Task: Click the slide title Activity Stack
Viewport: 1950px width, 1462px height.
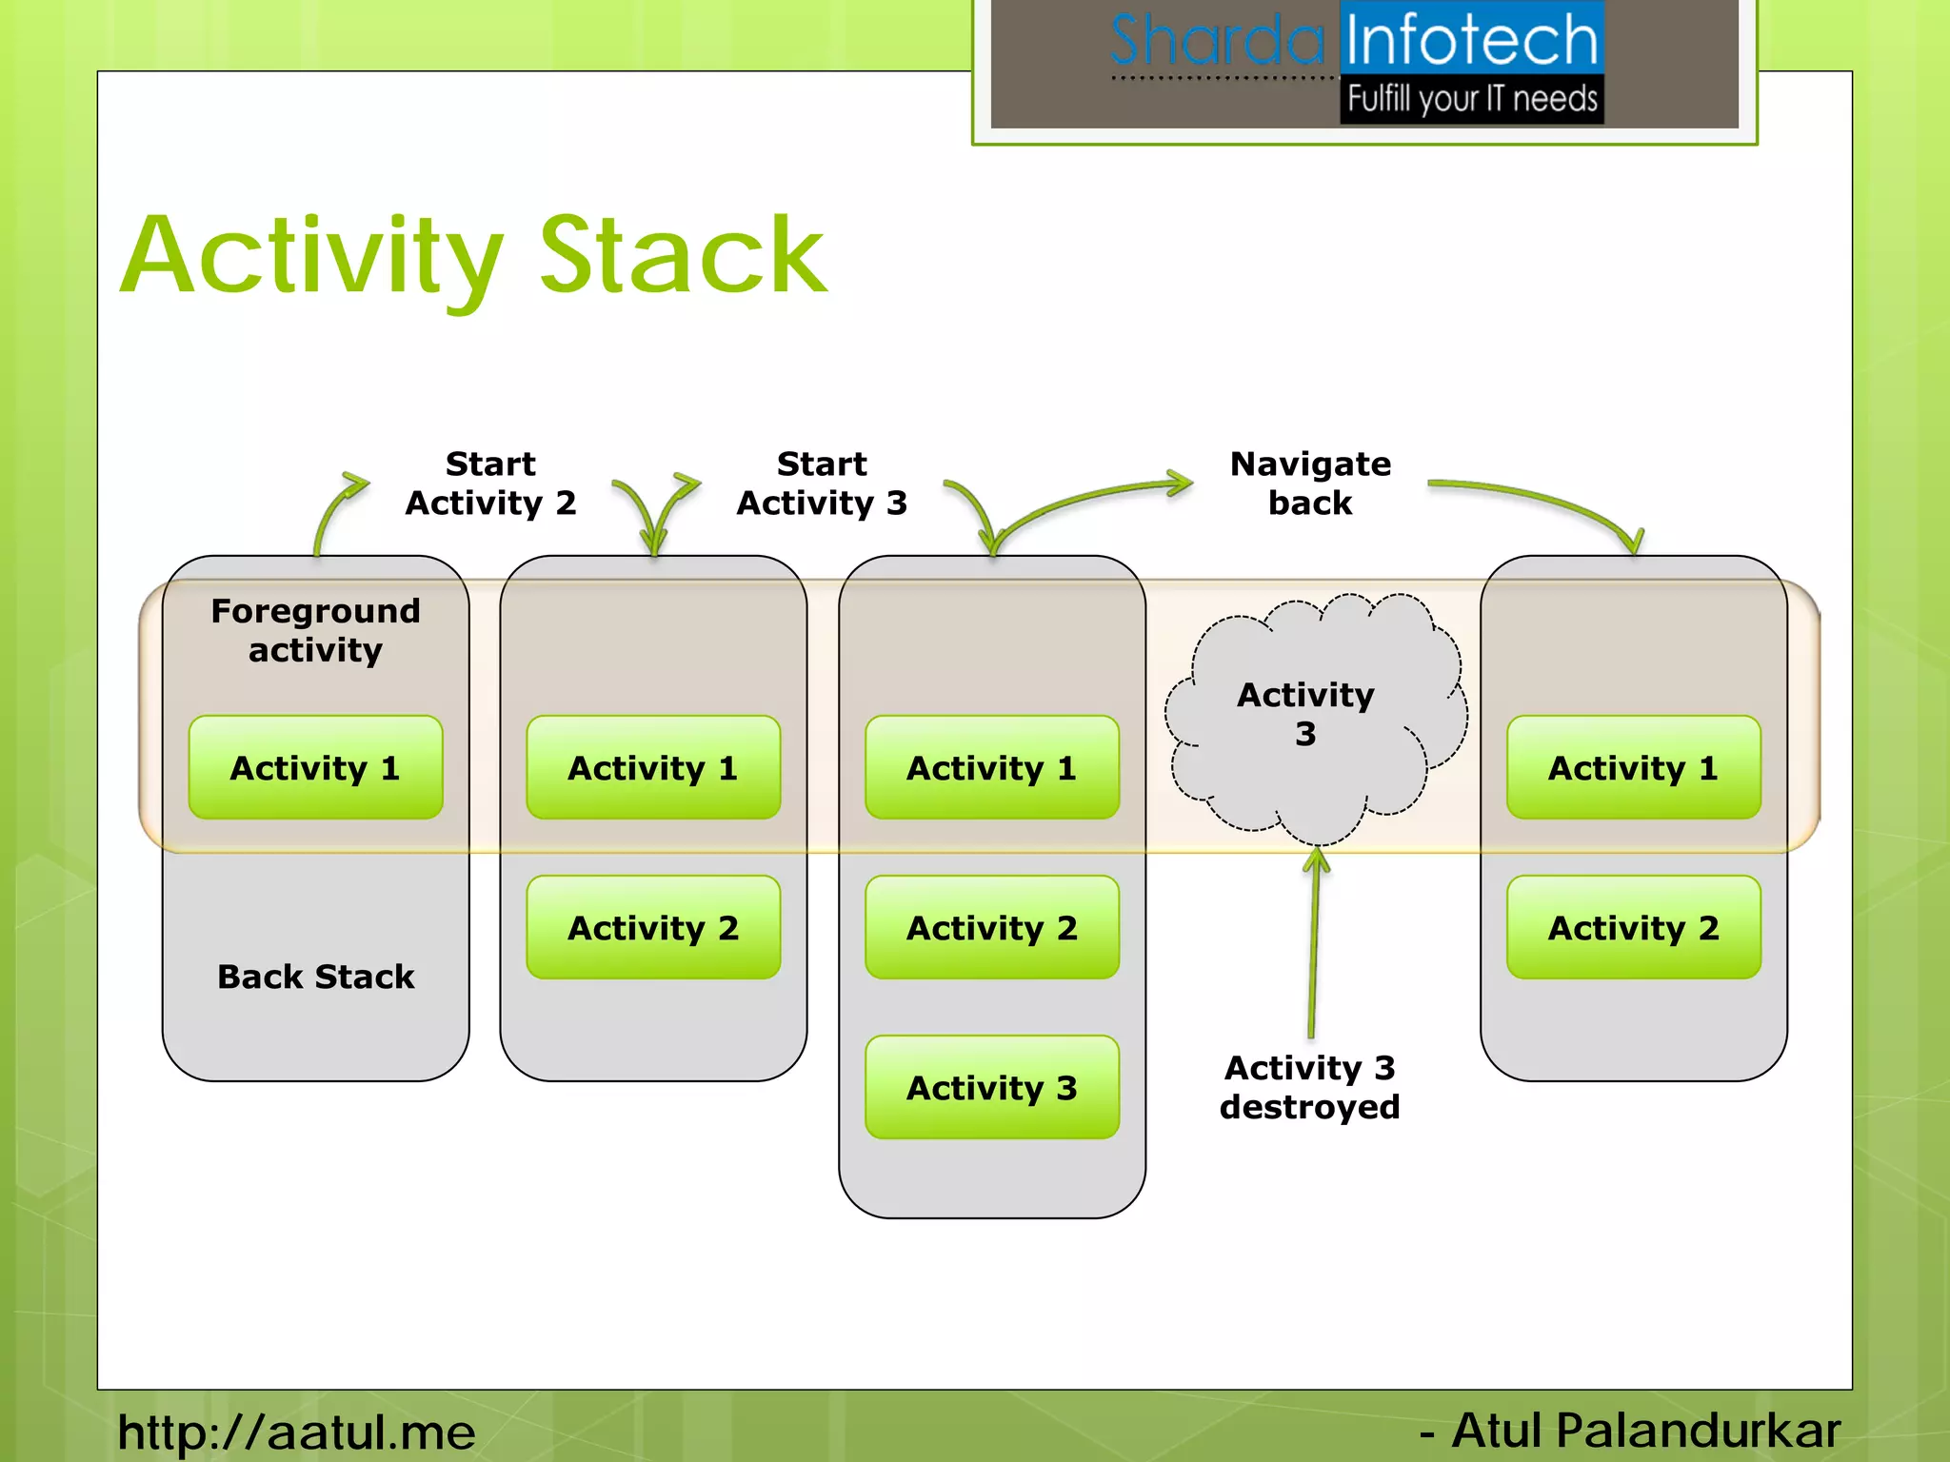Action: click(x=474, y=255)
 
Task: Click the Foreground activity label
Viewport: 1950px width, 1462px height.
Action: click(x=315, y=630)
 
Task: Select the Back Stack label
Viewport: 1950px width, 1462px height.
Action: click(x=315, y=977)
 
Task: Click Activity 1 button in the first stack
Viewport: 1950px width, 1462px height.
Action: click(x=315, y=767)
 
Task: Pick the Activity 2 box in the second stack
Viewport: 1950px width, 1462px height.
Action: click(x=653, y=927)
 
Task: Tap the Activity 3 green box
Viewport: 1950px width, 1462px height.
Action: click(x=991, y=1087)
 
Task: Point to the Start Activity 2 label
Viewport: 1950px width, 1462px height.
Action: click(x=490, y=484)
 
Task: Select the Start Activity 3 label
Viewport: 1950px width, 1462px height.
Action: click(x=822, y=484)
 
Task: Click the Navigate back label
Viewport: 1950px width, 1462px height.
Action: click(x=1310, y=484)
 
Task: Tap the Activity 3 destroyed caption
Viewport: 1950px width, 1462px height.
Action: click(x=1310, y=1087)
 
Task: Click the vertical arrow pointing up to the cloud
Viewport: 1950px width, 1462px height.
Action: click(x=1314, y=942)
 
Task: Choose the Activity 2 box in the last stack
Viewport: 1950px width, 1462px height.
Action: click(x=1633, y=927)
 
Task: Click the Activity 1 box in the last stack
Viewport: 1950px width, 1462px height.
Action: click(x=1633, y=767)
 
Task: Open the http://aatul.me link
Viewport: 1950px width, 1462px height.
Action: click(x=296, y=1432)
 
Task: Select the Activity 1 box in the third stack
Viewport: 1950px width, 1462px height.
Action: click(x=991, y=767)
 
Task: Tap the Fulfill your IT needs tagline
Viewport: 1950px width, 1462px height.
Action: click(x=1472, y=99)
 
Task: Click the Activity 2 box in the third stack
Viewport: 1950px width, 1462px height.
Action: click(x=991, y=927)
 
